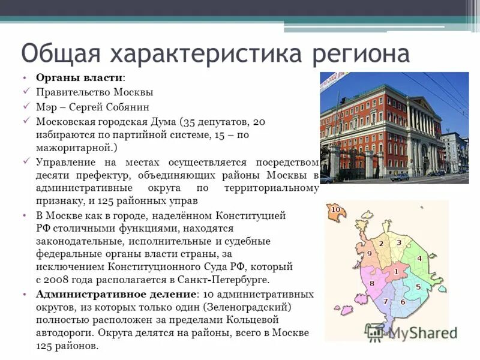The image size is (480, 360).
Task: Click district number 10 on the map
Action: pos(335,209)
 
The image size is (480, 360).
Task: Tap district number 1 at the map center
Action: pos(396,272)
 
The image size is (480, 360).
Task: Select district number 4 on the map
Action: pos(419,259)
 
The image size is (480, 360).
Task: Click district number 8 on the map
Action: pos(372,283)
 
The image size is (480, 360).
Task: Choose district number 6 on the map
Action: pos(403,302)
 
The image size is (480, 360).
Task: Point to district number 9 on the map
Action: pos(369,254)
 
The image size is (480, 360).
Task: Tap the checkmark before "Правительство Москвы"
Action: pos(26,92)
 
